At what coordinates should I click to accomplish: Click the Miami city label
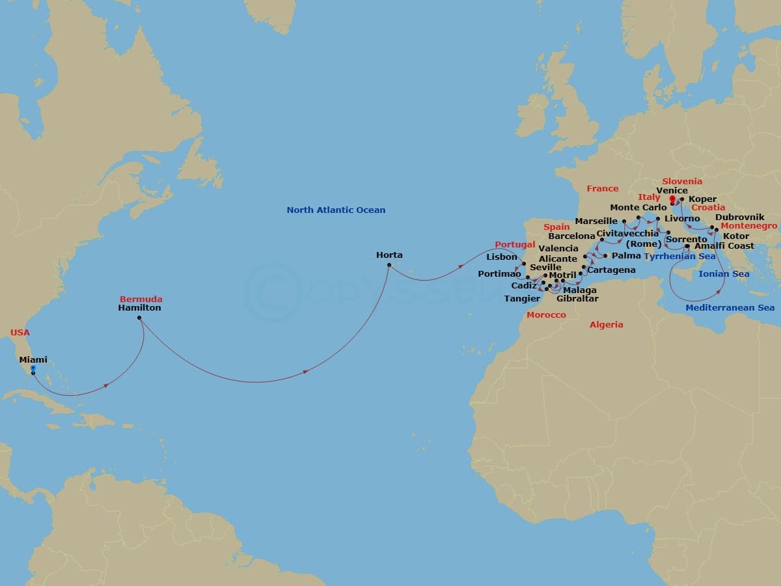(33, 359)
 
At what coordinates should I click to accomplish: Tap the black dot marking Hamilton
(139, 318)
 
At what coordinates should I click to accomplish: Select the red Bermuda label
(141, 299)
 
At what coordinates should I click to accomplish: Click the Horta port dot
(389, 265)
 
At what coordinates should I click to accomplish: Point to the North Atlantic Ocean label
(336, 210)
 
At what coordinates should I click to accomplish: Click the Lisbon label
(502, 257)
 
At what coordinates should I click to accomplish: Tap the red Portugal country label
(515, 244)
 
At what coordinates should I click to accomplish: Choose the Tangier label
(522, 299)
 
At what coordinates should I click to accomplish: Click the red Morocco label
(546, 314)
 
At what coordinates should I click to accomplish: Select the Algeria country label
(606, 324)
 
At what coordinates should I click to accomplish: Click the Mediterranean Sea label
(730, 307)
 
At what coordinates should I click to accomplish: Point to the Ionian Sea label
(724, 274)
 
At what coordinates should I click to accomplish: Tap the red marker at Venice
(673, 199)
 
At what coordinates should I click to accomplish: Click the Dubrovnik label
(739, 217)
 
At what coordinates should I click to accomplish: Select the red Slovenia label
(682, 182)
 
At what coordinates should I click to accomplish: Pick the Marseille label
(596, 221)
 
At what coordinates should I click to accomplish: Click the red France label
(603, 189)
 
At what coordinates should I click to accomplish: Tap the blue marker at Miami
(33, 369)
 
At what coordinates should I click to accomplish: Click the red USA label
(20, 333)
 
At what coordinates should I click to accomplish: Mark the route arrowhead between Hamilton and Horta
(306, 372)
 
